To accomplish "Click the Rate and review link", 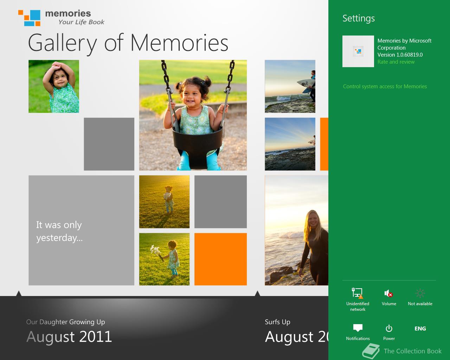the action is (396, 62).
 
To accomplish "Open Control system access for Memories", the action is (385, 86).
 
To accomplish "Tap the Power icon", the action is (389, 328).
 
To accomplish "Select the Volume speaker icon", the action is (388, 294).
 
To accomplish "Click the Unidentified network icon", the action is (358, 293).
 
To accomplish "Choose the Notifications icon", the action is (358, 328).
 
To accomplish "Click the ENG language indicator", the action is (420, 328).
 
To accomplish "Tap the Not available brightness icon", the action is (420, 293).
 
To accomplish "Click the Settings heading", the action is (358, 18).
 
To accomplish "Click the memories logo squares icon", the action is (29, 18).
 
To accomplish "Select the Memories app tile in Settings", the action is (358, 51).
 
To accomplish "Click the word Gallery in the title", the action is (62, 43).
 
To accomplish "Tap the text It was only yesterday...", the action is (59, 231).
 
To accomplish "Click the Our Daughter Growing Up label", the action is (65, 322).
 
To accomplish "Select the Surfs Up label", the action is (277, 322).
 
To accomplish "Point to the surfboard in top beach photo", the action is (306, 85).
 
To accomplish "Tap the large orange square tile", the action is (221, 259).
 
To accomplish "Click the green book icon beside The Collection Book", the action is (371, 351).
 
